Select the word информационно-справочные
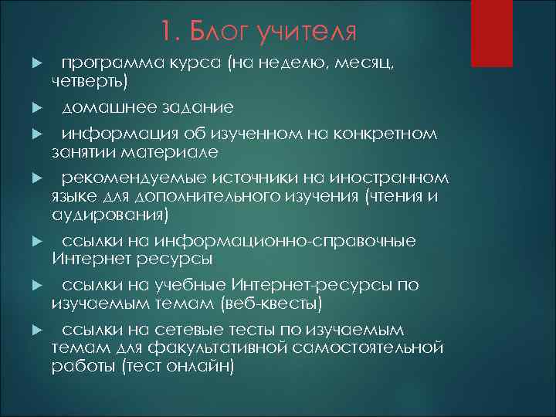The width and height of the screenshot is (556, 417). coord(286,241)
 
